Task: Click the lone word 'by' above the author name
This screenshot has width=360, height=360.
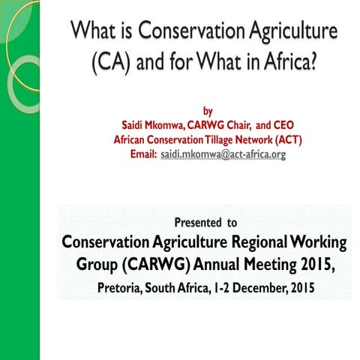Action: (x=208, y=112)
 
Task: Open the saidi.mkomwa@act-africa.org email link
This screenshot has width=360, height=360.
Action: (x=223, y=154)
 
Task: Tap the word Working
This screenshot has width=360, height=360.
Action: (x=319, y=243)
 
